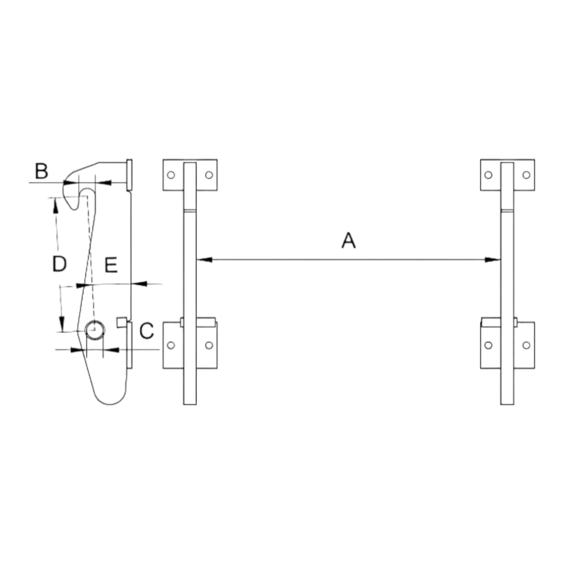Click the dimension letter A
[x=348, y=240]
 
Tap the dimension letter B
[x=41, y=171]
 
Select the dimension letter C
[x=147, y=331]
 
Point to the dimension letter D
[x=59, y=263]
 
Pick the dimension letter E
[x=111, y=265]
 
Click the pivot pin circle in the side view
[x=95, y=330]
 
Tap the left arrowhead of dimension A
[x=204, y=259]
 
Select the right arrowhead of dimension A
[x=493, y=259]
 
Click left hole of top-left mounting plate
[x=171, y=175]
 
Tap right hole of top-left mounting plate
[x=209, y=175]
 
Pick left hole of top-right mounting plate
[x=488, y=175]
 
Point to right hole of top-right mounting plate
[x=527, y=175]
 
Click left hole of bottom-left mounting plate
[x=171, y=345]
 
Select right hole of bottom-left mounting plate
[x=209, y=345]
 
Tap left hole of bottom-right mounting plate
[x=488, y=345]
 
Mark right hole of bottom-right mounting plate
[x=527, y=345]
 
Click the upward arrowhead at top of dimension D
[x=55, y=205]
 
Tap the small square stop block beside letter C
[x=122, y=322]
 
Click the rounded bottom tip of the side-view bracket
[x=110, y=404]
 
